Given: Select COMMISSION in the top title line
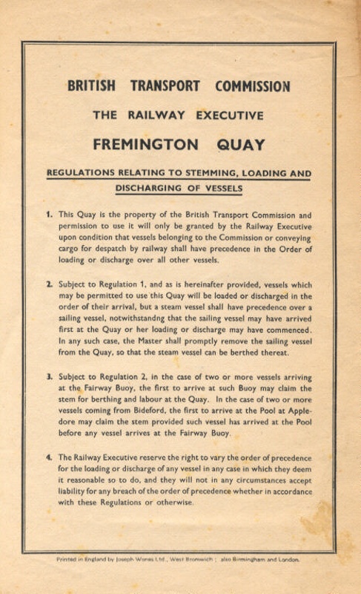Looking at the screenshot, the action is [252, 86].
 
